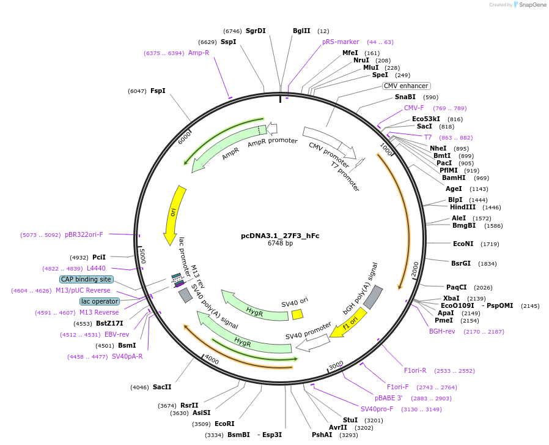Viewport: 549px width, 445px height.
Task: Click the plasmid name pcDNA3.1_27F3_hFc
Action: [280, 235]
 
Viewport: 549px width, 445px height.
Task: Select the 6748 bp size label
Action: [280, 243]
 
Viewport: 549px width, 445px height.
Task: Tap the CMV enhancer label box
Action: [406, 86]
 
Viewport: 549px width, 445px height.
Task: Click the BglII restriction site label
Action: [301, 31]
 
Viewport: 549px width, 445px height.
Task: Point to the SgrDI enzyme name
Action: [256, 31]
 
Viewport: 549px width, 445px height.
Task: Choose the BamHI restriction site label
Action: [454, 178]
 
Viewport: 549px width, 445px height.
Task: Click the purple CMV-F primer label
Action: [414, 108]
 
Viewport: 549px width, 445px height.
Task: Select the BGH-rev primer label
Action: [442, 331]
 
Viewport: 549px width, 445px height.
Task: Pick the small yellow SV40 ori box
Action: [297, 314]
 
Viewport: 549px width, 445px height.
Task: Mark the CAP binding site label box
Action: [86, 279]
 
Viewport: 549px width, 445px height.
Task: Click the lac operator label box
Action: [100, 301]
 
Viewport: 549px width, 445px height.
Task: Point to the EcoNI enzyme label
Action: [463, 244]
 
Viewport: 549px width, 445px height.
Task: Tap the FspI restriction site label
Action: [158, 91]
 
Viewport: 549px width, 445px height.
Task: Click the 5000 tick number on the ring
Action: [142, 255]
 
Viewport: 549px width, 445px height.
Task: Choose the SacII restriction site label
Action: [162, 387]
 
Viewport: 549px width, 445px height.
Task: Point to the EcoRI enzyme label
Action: [224, 424]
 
